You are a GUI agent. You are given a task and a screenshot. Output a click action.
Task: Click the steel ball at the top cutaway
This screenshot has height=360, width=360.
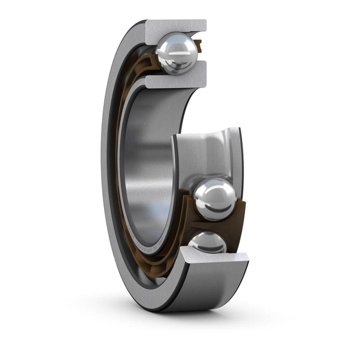pos(176,53)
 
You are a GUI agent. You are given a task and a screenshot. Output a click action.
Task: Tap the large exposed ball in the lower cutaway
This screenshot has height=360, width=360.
pos(215,199)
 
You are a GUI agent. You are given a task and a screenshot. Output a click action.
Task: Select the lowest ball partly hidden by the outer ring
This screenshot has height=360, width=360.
pos(208,243)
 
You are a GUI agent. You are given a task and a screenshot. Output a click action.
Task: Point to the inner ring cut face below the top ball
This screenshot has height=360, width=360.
pos(176,81)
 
